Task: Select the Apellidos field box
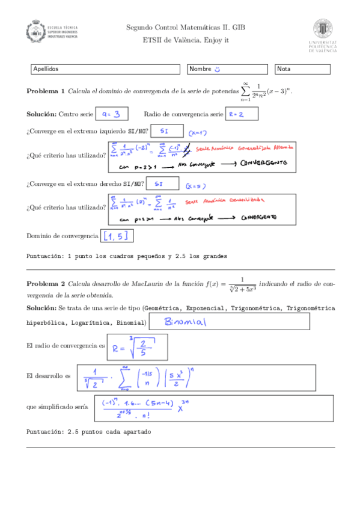(105, 69)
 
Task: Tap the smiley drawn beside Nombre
(218, 69)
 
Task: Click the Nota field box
(304, 69)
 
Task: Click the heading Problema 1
(45, 91)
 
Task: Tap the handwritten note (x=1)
(196, 132)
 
